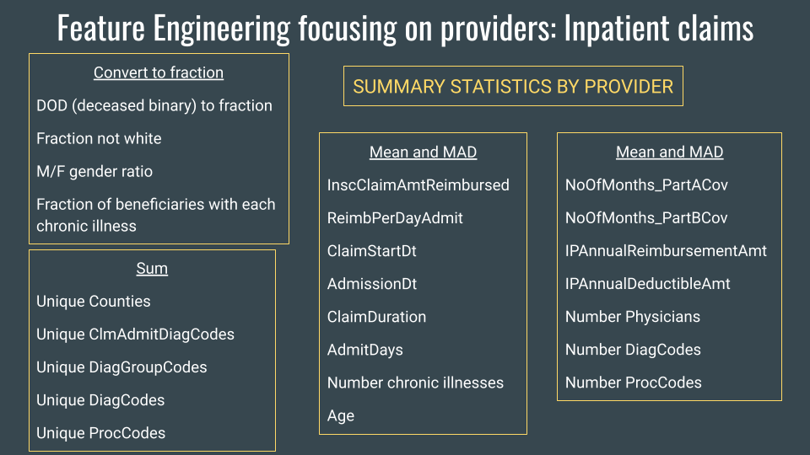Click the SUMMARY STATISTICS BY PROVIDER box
click(513, 86)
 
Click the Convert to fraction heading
click(159, 72)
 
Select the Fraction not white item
click(99, 138)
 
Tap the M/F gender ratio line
click(94, 171)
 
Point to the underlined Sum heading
click(152, 269)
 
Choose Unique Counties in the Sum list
click(94, 302)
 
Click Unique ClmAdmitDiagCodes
click(135, 335)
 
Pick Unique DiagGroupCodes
click(121, 367)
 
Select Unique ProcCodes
click(100, 433)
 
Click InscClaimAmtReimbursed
click(418, 185)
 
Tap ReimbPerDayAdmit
click(395, 217)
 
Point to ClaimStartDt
click(372, 250)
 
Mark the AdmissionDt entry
click(372, 284)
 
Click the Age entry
click(341, 415)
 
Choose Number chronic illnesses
click(415, 383)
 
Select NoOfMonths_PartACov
click(646, 185)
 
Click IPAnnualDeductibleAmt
click(648, 284)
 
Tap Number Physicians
click(633, 317)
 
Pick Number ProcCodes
click(634, 383)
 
